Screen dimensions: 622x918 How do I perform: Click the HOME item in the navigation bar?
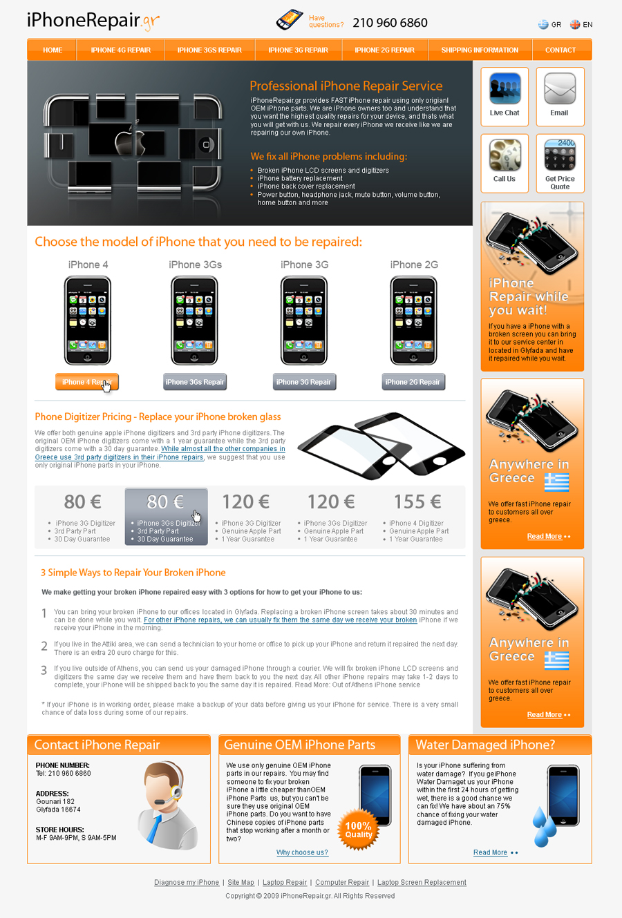point(53,50)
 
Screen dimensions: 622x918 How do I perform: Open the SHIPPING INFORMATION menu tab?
point(480,50)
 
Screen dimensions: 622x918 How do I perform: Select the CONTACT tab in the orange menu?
point(560,50)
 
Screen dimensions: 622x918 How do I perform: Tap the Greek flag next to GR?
point(543,25)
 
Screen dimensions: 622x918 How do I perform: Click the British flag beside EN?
point(575,25)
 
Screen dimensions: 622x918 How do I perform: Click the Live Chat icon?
point(505,88)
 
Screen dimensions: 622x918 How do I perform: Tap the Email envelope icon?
point(560,88)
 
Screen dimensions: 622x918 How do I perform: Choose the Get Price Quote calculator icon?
point(560,155)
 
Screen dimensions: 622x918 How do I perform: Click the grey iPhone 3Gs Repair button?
point(195,382)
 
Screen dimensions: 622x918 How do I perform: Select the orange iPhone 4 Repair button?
point(87,382)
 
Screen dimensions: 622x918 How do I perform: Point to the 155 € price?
point(417,501)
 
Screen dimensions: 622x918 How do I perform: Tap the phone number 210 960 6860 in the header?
point(390,23)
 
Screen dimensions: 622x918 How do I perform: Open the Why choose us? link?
point(302,852)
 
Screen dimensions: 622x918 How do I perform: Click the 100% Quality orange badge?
point(359,829)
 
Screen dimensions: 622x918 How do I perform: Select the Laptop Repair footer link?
point(285,882)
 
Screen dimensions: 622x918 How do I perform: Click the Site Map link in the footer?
point(241,882)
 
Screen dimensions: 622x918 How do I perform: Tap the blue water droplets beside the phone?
point(544,826)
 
